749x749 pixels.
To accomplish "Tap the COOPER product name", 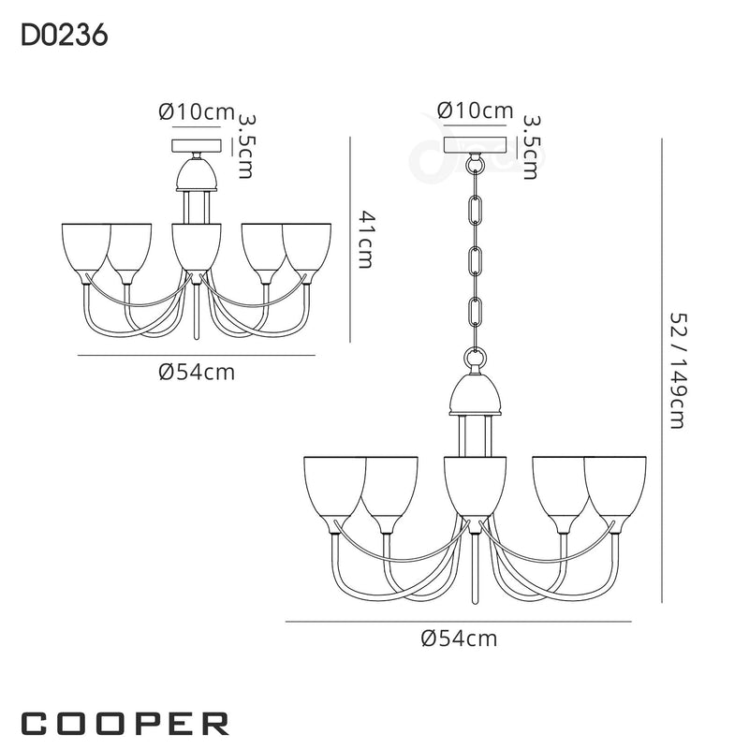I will point(125,722).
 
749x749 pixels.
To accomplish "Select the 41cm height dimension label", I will point(366,241).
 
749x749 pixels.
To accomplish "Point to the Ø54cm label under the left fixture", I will point(196,372).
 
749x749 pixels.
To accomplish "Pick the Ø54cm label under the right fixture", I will point(459,639).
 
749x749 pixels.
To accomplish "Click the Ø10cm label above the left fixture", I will point(196,112).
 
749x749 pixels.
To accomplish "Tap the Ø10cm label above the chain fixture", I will point(476,110).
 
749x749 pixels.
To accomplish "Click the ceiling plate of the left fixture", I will point(196,146).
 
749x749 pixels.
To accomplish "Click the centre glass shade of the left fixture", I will point(196,247).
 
